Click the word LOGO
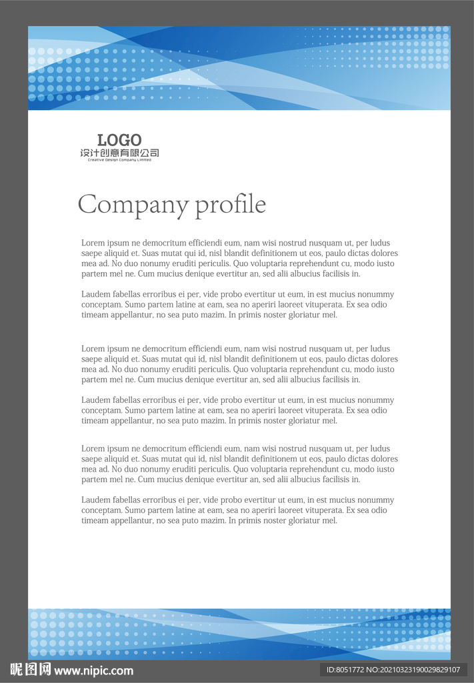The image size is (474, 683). coord(119,140)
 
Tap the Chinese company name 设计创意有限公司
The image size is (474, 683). coord(119,153)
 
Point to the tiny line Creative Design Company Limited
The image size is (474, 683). coord(119,160)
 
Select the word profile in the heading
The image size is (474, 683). coord(230,204)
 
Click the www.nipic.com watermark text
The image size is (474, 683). coord(93,670)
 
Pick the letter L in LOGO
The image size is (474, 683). coord(102,140)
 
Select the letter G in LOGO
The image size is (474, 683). coord(125,140)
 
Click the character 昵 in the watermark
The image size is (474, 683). coord(17,670)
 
